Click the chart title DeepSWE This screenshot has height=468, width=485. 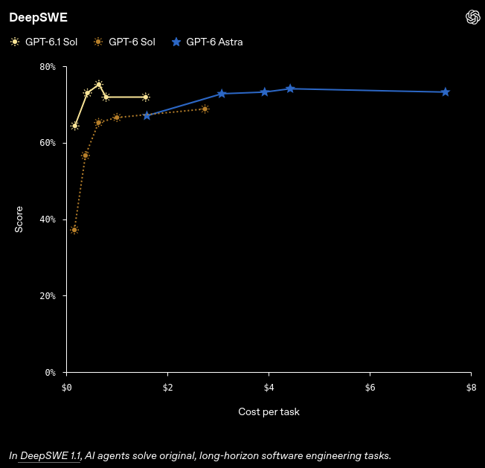coord(38,18)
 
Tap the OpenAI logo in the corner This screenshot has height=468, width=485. coord(472,17)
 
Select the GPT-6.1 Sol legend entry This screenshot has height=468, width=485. coord(44,42)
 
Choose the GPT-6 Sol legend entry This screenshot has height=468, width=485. coord(124,42)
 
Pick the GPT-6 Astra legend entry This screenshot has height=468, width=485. coord(207,42)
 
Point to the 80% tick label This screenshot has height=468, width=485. coord(48,67)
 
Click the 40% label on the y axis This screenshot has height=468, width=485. coord(48,219)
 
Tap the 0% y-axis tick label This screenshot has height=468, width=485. coord(51,372)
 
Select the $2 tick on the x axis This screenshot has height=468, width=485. coord(167,388)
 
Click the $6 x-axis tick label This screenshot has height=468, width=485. coord(370,388)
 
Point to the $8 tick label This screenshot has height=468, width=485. coord(471,388)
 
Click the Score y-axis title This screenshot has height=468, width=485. coord(19,219)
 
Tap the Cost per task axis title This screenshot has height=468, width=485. coord(269,411)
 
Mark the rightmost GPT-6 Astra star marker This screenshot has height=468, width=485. coord(445,92)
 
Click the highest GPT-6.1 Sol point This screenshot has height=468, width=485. coord(99,84)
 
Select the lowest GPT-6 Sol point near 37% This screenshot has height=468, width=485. coord(74,230)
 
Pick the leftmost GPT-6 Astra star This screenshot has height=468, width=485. coord(147,115)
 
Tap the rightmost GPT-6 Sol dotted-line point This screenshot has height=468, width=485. coord(205,109)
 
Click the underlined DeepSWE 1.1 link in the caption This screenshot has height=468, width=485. coord(50,455)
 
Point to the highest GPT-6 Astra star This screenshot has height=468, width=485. coord(290,89)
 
